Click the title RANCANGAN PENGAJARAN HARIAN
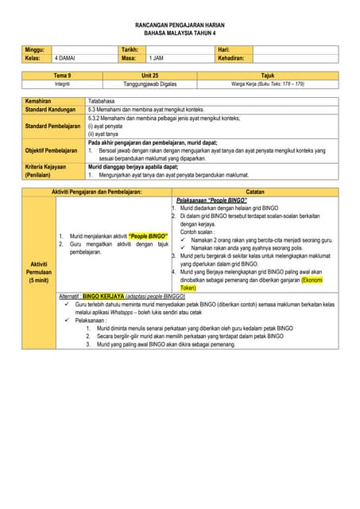click(180, 25)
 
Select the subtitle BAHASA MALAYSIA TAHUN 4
click(180, 34)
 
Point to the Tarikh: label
click(130, 50)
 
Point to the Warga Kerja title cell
click(267, 84)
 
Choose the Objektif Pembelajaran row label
click(52, 150)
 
